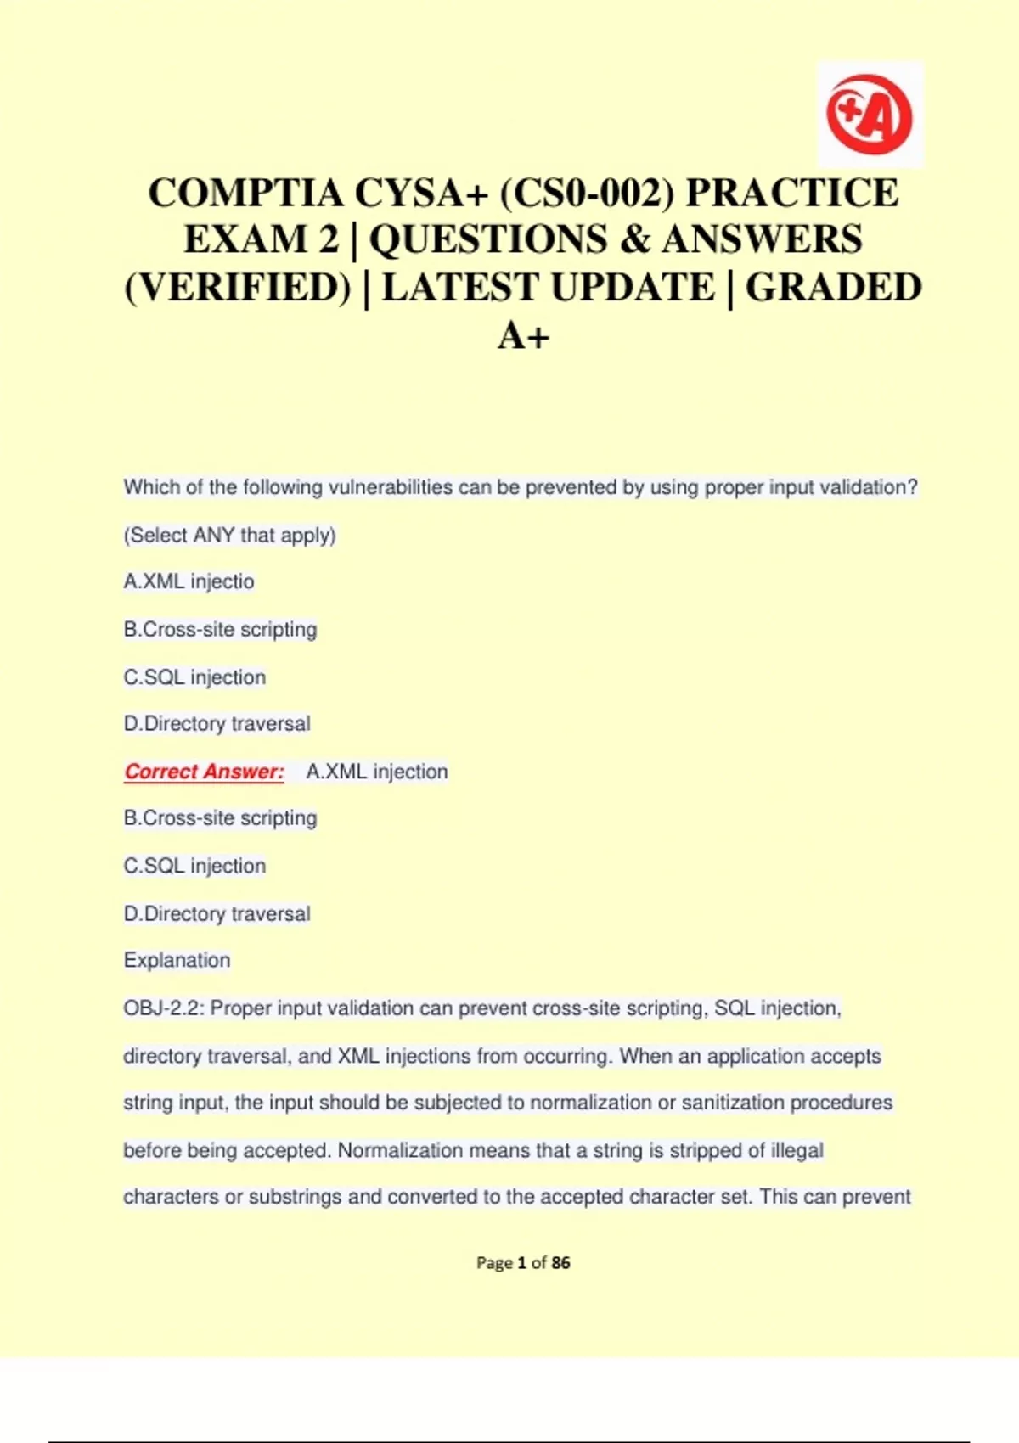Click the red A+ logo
point(869,114)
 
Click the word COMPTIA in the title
point(245,193)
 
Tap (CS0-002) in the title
point(586,193)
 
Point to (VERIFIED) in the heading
point(237,287)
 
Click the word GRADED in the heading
point(833,287)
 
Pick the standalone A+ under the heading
point(523,335)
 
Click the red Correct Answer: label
point(204,772)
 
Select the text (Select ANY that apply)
point(229,535)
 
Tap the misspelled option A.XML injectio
point(189,581)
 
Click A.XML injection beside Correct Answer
point(376,772)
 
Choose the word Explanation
point(177,960)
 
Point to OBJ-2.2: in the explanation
point(164,1008)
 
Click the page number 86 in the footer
point(560,1263)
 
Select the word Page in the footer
point(493,1263)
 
